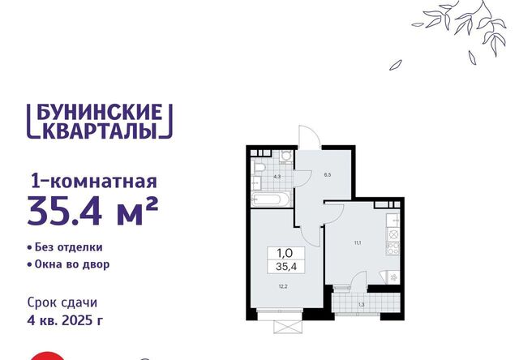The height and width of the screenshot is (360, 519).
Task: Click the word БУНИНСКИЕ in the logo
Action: [x=99, y=112]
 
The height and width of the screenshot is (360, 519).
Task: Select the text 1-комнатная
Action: [x=93, y=182]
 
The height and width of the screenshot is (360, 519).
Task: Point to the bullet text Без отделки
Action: [x=68, y=247]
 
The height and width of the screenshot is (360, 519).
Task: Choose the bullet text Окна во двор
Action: [x=72, y=264]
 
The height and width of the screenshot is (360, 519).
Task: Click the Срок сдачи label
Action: [x=62, y=302]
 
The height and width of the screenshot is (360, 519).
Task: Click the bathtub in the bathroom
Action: [x=271, y=199]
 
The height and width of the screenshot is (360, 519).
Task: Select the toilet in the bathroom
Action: [x=257, y=167]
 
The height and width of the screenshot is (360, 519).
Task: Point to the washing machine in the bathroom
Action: [x=285, y=156]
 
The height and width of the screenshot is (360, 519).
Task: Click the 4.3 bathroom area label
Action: [x=277, y=177]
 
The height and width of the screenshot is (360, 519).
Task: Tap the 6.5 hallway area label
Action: [x=328, y=175]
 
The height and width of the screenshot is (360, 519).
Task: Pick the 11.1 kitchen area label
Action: [x=358, y=242]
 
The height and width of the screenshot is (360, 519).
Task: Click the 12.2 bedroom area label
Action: [x=283, y=286]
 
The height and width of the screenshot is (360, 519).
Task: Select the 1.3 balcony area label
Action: [x=362, y=305]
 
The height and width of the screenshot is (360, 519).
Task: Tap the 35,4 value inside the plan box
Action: [x=286, y=267]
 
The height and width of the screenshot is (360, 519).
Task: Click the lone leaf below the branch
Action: [x=395, y=65]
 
